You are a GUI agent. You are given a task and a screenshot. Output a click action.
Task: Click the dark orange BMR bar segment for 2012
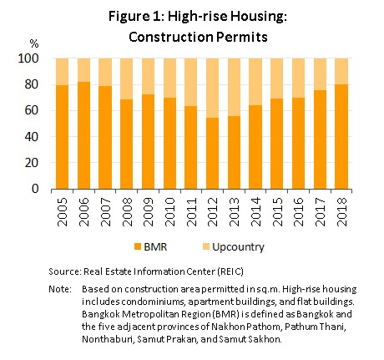click(212, 154)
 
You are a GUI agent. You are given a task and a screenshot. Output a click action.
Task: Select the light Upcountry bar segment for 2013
click(234, 87)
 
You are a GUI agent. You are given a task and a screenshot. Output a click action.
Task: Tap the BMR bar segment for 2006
click(83, 135)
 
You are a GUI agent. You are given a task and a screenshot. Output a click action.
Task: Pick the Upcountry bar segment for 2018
click(341, 71)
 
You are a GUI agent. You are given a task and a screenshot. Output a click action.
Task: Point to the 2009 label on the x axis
click(148, 211)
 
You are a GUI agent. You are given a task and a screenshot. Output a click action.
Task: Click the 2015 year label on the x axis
click(277, 211)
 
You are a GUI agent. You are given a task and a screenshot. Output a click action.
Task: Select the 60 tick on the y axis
click(31, 110)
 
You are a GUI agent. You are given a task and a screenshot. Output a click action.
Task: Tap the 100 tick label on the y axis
click(28, 58)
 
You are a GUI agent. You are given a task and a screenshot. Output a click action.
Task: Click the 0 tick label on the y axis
click(35, 189)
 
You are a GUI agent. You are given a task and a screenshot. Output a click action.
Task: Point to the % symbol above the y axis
click(34, 43)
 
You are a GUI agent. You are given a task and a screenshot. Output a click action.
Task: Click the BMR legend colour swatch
click(138, 246)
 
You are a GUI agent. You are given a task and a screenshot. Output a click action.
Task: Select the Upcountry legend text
click(238, 247)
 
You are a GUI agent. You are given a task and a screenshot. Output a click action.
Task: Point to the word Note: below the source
click(60, 289)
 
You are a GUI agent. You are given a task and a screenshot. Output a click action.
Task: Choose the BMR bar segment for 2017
click(320, 139)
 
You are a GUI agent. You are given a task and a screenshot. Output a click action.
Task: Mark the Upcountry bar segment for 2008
click(127, 79)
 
